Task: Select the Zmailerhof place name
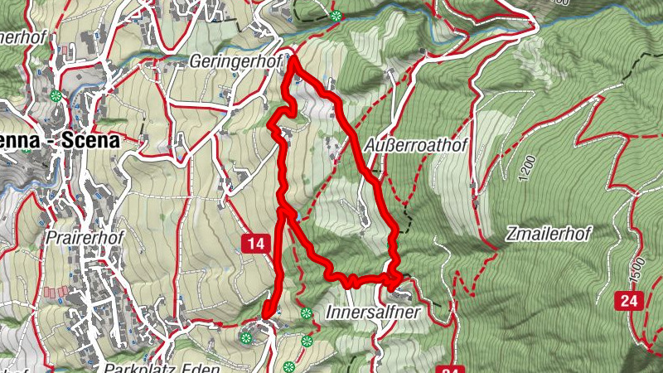point(548,235)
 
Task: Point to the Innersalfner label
point(375,313)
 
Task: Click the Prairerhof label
point(85,238)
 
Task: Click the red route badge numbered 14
point(258,243)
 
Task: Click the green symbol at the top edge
point(335,16)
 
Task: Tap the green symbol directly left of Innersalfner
point(307,312)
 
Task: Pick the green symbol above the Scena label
point(56,95)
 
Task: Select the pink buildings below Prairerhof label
point(56,293)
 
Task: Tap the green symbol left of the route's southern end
point(245,337)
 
